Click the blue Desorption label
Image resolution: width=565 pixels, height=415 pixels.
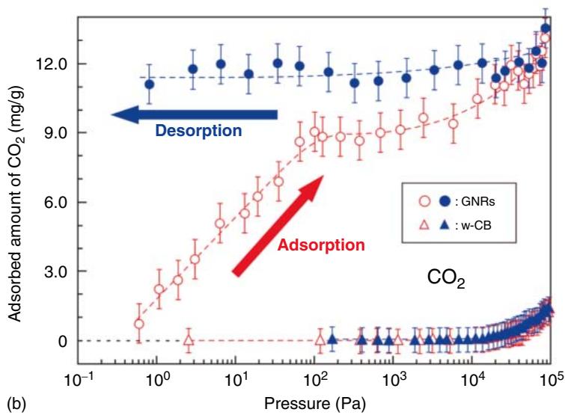click(x=198, y=130)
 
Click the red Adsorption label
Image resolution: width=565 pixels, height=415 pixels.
click(x=317, y=245)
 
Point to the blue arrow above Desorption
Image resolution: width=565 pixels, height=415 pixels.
click(x=194, y=114)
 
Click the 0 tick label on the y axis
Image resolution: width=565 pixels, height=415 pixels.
click(x=62, y=341)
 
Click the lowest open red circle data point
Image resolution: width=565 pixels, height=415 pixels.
click(x=138, y=324)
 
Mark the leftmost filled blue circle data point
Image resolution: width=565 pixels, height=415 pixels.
click(x=150, y=84)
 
